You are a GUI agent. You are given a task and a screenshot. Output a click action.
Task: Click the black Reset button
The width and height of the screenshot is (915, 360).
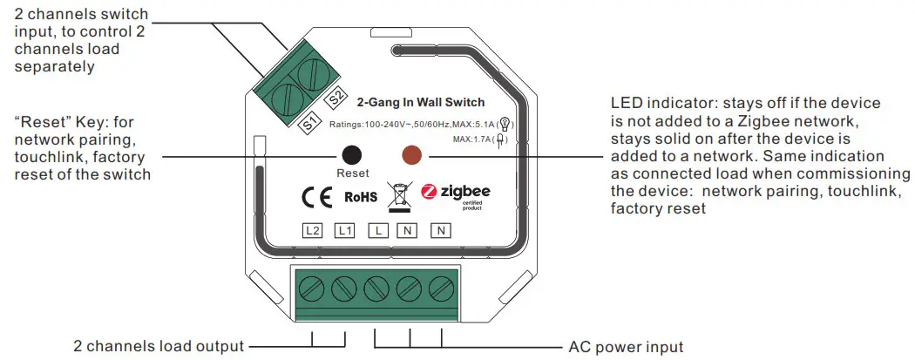click(351, 154)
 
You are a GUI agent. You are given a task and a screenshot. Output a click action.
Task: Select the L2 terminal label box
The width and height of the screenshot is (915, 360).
click(313, 231)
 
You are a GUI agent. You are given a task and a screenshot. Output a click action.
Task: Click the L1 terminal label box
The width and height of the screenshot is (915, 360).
click(345, 231)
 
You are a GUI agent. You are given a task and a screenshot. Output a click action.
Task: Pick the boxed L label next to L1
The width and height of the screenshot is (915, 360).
click(377, 231)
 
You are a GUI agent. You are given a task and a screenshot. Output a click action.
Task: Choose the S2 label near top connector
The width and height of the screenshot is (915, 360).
click(337, 99)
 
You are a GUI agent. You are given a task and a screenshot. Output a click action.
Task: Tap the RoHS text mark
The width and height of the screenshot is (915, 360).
click(361, 197)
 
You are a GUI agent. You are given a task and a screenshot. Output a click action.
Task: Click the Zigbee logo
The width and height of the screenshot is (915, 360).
click(455, 193)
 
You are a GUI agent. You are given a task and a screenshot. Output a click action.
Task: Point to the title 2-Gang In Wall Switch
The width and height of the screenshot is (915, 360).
click(421, 103)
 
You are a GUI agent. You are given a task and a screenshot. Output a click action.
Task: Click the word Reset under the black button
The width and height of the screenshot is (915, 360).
click(352, 173)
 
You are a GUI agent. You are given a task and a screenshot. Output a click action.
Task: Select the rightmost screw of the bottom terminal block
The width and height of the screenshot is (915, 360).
click(443, 285)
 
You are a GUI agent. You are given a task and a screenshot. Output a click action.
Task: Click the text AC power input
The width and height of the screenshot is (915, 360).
click(626, 346)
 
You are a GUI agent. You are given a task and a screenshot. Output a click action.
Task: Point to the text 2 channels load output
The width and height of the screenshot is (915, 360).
click(159, 346)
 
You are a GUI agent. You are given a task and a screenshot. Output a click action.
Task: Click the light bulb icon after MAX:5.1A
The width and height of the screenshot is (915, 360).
click(504, 124)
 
